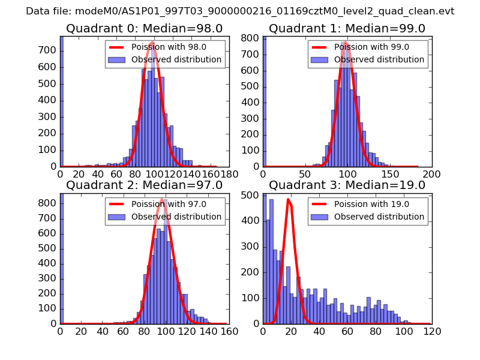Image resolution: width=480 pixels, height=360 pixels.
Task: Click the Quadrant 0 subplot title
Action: click(144, 29)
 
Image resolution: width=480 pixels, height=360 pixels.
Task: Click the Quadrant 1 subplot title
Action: click(347, 29)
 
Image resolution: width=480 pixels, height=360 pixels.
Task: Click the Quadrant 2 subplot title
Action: click(144, 185)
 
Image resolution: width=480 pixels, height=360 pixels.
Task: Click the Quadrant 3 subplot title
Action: click(347, 185)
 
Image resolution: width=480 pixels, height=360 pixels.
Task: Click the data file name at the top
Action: click(240, 11)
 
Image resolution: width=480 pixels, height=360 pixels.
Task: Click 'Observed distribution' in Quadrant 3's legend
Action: click(379, 217)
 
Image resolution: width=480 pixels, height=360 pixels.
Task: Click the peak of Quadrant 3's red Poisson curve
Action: click(289, 200)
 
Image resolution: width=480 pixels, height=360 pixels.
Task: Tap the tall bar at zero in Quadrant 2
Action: click(62, 258)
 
